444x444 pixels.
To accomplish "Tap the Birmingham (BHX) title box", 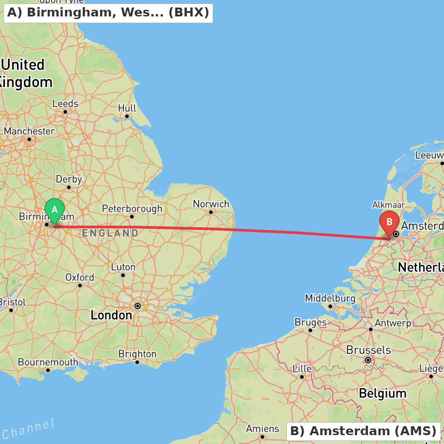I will [108, 12].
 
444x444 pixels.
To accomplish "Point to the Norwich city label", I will [211, 204].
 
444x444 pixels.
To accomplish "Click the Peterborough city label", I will [132, 208].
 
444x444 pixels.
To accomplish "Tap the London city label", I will [111, 315].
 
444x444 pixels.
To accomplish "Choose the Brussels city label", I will [368, 350].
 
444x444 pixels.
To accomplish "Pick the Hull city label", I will [127, 108].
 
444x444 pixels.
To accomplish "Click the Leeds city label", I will [65, 103].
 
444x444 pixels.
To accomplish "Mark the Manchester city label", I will [29, 131].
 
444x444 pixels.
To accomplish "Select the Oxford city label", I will [80, 277].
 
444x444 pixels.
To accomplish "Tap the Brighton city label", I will [137, 354].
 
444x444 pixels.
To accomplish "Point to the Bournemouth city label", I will [48, 362].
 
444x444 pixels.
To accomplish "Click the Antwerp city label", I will [393, 323].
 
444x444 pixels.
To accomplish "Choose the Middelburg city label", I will [330, 298].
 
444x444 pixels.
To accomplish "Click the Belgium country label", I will [382, 393].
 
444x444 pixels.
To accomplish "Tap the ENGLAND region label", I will [110, 233].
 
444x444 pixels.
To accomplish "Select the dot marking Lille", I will [302, 377].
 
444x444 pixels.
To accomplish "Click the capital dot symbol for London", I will [138, 306].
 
